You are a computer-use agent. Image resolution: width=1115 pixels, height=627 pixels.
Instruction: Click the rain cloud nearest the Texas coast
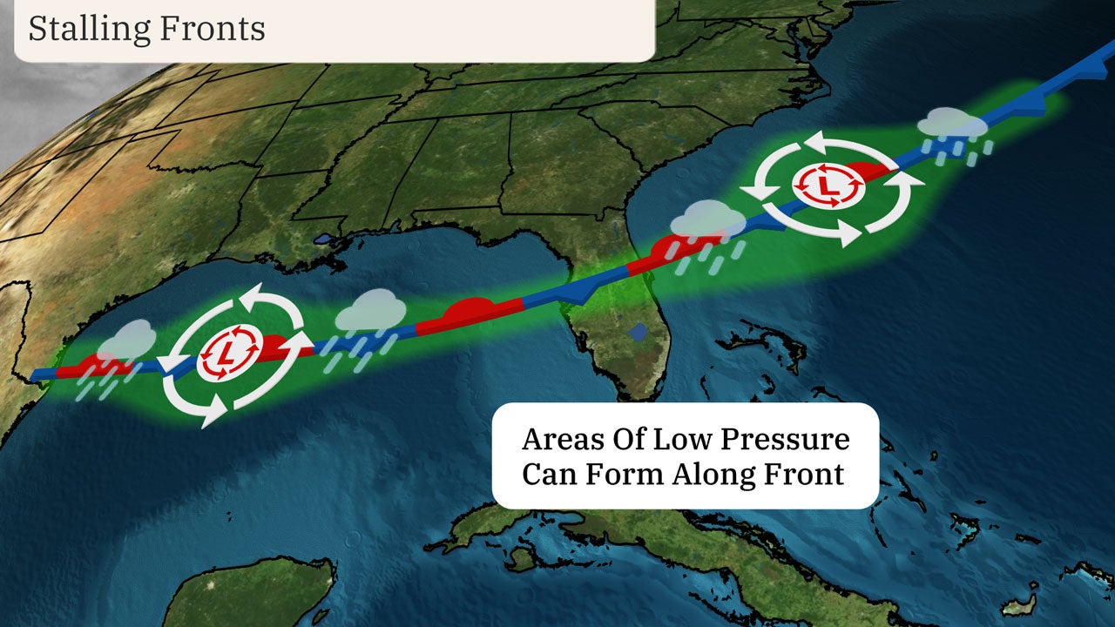click(127, 340)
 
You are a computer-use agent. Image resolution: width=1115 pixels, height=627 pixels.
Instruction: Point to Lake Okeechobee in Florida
click(640, 332)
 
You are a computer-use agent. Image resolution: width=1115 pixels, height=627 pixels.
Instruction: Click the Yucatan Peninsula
click(253, 592)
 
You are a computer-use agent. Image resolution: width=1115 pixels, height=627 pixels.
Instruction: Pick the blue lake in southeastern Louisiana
click(324, 237)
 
